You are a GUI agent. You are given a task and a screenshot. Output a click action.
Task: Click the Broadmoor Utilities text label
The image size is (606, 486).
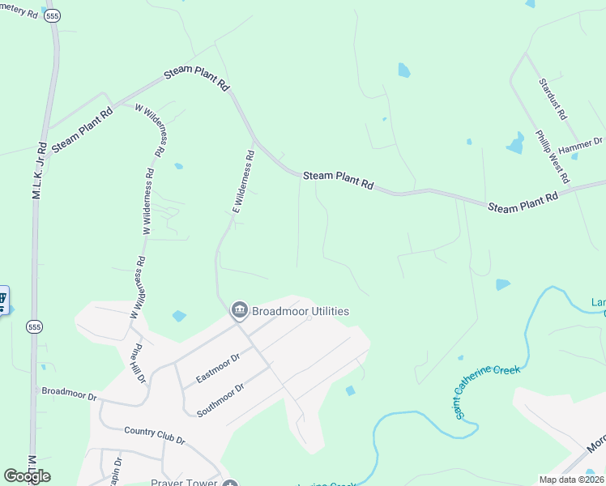pos(301,311)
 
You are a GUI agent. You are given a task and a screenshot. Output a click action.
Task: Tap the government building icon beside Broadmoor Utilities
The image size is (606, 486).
pos(239,310)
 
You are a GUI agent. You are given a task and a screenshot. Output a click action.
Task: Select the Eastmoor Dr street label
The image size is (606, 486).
pos(218,368)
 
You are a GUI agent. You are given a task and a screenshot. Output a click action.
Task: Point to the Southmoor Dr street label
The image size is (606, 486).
pos(220,400)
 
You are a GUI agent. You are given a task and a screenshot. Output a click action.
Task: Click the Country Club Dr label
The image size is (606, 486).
pos(155,435)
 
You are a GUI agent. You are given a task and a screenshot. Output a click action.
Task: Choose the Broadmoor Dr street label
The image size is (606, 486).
pos(69,394)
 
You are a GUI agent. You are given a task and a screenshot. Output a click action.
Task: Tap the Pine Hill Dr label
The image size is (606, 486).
pos(139,363)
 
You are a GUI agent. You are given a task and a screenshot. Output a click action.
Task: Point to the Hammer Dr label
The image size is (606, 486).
pos(581,144)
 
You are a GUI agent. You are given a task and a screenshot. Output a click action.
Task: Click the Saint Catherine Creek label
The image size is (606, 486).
pos(485,392)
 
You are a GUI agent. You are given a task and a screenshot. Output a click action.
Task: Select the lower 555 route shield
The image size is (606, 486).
pos(34,327)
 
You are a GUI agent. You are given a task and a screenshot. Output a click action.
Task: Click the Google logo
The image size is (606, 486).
pos(28,476)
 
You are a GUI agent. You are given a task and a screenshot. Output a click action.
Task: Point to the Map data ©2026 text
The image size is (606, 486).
pos(572,480)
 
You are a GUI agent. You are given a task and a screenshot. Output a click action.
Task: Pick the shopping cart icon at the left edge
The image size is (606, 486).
pos(2,300)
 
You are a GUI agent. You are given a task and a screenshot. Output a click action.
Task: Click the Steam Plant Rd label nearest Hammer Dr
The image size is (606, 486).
pos(524,202)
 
